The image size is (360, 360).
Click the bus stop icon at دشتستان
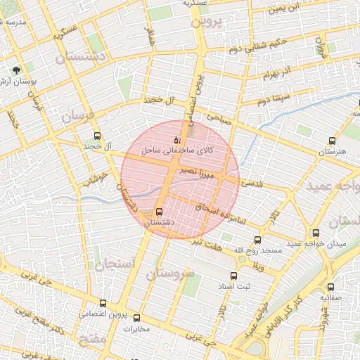pyautogui.click(x=159, y=211)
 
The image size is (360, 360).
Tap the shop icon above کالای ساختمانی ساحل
pyautogui.click(x=176, y=141)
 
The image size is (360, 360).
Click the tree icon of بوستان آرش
pyautogui.click(x=17, y=70)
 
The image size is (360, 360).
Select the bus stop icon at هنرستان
pyautogui.click(x=332, y=141)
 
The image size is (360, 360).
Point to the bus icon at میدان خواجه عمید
pyautogui.click(x=316, y=233)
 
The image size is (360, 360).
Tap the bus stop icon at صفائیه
pyautogui.click(x=332, y=286)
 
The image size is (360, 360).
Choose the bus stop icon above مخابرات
pyautogui.click(x=136, y=318)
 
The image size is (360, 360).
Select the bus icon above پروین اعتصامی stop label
pyautogui.click(x=103, y=303)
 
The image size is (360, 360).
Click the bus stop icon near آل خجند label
pyautogui.click(x=97, y=136)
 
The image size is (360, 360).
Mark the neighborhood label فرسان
pyautogui.click(x=75, y=117)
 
